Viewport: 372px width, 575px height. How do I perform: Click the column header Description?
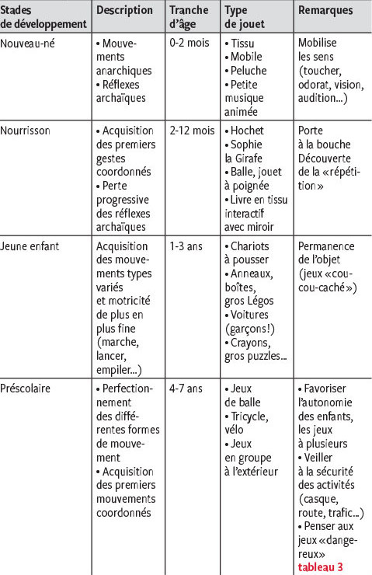coord(126,11)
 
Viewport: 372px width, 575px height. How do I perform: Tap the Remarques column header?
coord(325,11)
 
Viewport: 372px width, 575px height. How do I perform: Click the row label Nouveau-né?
coord(29,42)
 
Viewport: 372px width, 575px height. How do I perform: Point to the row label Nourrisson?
coord(26,131)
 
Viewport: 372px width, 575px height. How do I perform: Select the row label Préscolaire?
coord(29,387)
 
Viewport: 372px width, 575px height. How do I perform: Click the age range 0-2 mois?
coord(190,42)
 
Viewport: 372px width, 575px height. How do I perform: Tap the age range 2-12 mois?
coord(193,131)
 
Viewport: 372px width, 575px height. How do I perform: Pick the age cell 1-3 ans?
coord(186,246)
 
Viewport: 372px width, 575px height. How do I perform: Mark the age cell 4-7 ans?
coord(186,387)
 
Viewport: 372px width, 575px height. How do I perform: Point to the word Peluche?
coord(249,70)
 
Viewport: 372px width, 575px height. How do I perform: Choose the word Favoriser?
coord(327,387)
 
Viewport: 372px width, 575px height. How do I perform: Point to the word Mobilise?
coord(318,42)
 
